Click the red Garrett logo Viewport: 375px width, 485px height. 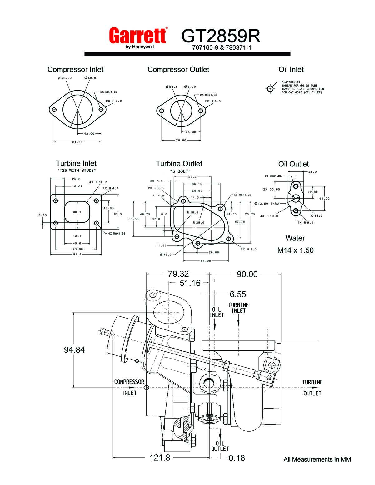(138, 35)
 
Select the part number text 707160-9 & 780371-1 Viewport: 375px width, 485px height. (222, 47)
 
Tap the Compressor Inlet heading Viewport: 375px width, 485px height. (76, 69)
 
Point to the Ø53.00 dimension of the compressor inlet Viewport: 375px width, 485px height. (65, 78)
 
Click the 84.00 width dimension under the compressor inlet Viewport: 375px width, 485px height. (77, 142)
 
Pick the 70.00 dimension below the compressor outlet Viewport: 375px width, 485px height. (181, 140)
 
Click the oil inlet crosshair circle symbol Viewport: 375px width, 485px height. (270, 89)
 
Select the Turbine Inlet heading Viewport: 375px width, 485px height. (76, 163)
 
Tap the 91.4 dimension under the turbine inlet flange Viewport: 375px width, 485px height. (77, 254)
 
